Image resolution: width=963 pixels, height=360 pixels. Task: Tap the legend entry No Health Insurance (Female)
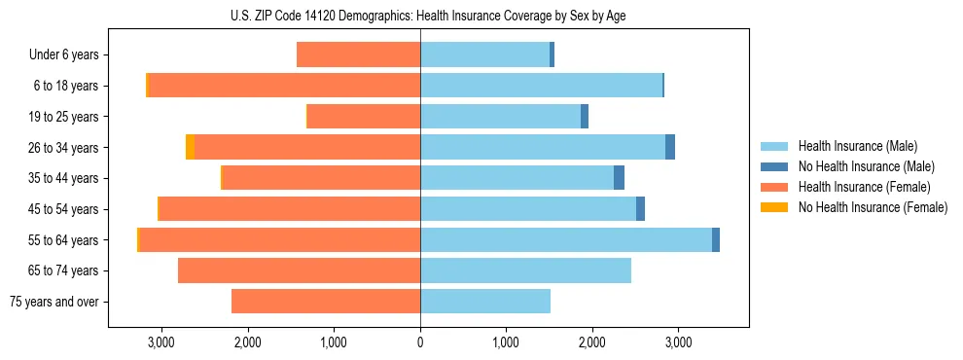point(873,207)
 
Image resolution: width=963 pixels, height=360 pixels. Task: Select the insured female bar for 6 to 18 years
point(284,86)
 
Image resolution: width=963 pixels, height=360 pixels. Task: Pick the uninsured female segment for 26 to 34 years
point(190,147)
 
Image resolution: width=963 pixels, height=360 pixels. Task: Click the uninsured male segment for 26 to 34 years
point(670,147)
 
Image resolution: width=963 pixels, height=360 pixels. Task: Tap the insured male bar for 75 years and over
point(485,302)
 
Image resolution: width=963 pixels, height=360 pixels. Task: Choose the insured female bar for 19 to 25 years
point(364,117)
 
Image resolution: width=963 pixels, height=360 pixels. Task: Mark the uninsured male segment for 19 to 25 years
point(585,117)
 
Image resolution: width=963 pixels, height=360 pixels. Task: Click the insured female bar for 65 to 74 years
point(299,270)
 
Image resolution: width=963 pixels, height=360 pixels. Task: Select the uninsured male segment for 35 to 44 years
point(619,178)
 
